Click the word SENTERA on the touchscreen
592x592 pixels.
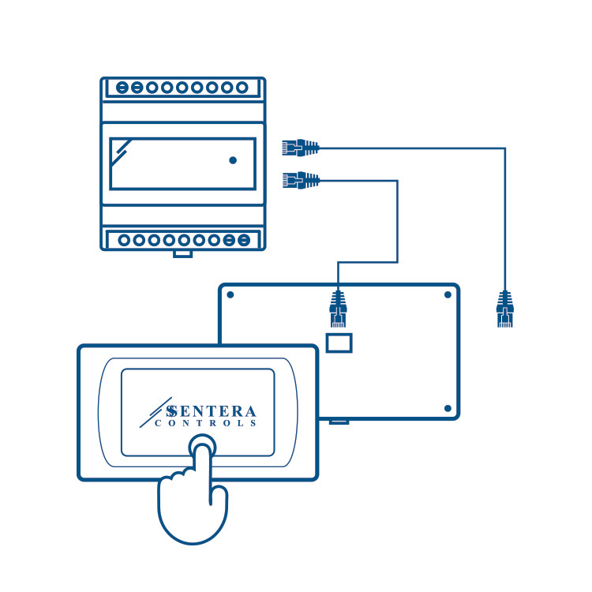click(212, 411)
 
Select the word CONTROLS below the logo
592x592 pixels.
click(206, 424)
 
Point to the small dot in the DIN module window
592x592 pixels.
click(232, 160)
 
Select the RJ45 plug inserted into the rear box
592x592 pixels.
click(339, 308)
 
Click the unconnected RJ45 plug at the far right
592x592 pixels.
click(504, 308)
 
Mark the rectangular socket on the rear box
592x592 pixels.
click(339, 342)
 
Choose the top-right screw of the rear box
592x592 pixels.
click(448, 294)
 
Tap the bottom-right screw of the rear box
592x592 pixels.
click(448, 409)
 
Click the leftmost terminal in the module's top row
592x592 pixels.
click(122, 88)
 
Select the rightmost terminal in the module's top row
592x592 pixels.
click(242, 88)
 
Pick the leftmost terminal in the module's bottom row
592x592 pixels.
click(122, 239)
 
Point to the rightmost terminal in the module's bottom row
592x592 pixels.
click(244, 239)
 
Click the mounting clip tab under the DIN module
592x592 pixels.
click(182, 253)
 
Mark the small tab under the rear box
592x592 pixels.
click(339, 421)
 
